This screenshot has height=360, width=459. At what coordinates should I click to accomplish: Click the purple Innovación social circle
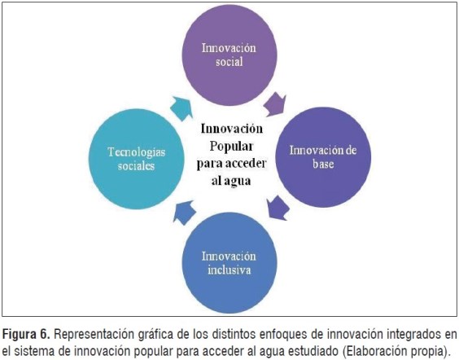pyautogui.click(x=229, y=55)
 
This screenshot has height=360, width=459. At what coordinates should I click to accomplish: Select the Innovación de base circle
pyautogui.click(x=323, y=157)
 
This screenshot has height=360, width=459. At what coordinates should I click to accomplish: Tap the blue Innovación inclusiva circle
pyautogui.click(x=229, y=262)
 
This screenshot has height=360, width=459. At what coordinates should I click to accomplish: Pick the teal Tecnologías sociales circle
pyautogui.click(x=137, y=159)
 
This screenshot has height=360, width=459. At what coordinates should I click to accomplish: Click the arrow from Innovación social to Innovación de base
pyautogui.click(x=275, y=104)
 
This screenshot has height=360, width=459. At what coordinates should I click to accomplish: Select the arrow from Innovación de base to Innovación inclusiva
pyautogui.click(x=278, y=208)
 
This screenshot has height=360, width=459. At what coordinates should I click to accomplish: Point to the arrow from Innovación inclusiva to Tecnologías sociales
pyautogui.click(x=184, y=213)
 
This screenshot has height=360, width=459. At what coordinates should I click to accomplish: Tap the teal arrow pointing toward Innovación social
pyautogui.click(x=181, y=108)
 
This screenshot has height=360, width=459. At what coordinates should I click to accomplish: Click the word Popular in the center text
pyautogui.click(x=231, y=147)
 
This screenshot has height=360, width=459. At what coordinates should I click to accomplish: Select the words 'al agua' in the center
pyautogui.click(x=231, y=181)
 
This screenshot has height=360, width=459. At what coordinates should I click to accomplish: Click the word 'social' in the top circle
pyautogui.click(x=229, y=62)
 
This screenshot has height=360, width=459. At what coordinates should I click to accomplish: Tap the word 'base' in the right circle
pyautogui.click(x=323, y=164)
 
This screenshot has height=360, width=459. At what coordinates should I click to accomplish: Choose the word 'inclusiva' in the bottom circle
pyautogui.click(x=229, y=270)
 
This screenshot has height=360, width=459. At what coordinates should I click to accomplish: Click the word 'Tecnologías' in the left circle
pyautogui.click(x=137, y=152)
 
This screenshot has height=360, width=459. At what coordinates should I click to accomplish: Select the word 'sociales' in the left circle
pyautogui.click(x=137, y=166)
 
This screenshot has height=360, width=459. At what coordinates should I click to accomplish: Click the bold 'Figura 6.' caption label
pyautogui.click(x=26, y=334)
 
